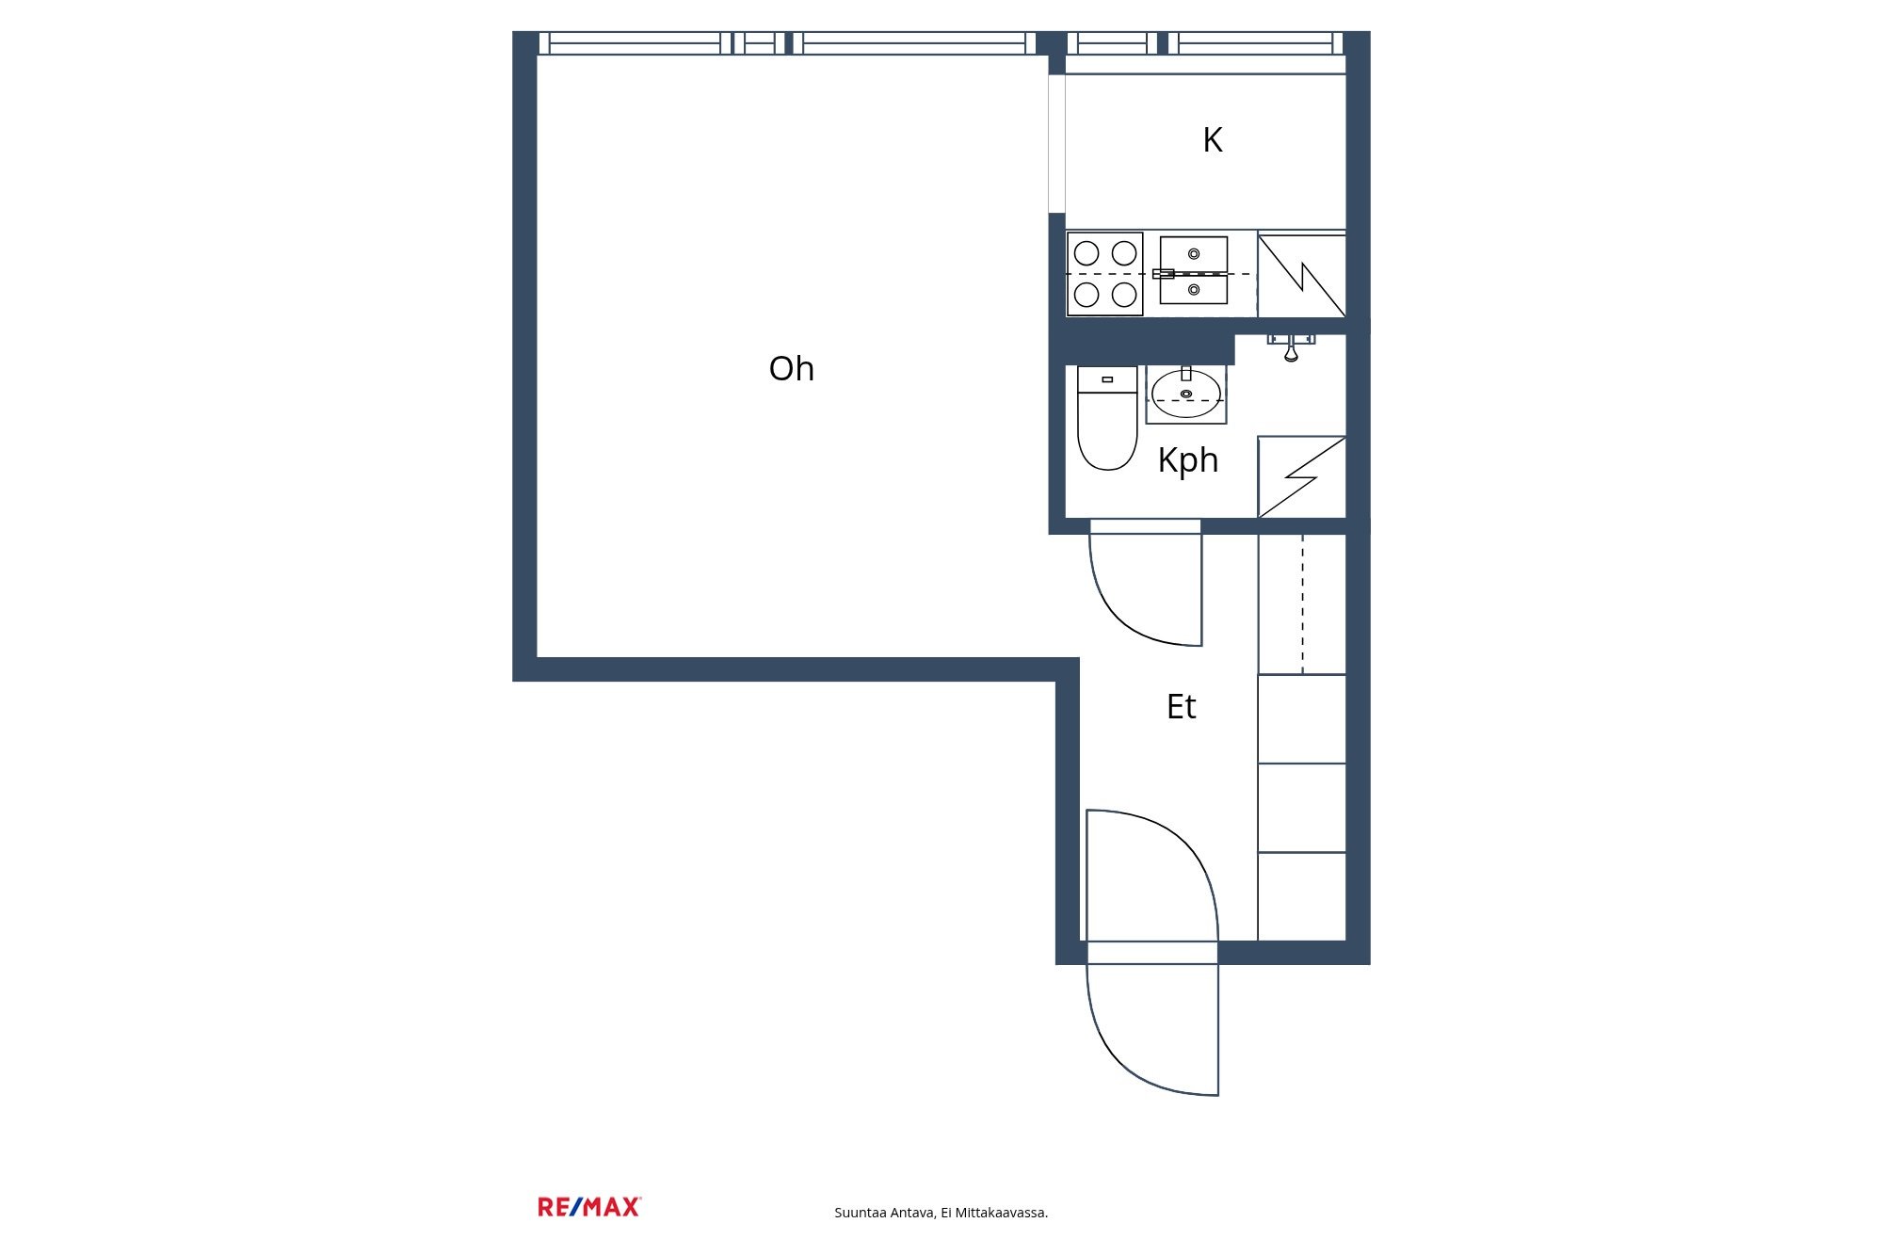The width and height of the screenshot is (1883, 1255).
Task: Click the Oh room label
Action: click(x=791, y=369)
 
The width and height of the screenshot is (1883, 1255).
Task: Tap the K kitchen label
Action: click(x=1213, y=140)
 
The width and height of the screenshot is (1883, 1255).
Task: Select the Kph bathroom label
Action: click(x=1188, y=460)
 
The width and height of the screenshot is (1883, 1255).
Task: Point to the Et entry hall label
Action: click(x=1181, y=706)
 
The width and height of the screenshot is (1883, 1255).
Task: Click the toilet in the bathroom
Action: click(x=1107, y=418)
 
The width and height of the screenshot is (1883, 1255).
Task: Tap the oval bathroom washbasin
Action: click(x=1186, y=394)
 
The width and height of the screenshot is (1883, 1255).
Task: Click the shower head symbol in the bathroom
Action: click(x=1291, y=346)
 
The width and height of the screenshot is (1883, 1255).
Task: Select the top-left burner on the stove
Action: click(x=1086, y=253)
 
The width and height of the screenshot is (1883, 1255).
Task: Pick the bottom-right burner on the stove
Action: click(x=1124, y=295)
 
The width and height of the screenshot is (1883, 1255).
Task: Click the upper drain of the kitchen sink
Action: click(x=1194, y=254)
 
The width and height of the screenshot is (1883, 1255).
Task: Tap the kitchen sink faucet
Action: click(x=1164, y=274)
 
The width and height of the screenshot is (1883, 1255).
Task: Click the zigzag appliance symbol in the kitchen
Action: click(x=1302, y=275)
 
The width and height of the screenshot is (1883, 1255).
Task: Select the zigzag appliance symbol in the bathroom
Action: click(x=1302, y=477)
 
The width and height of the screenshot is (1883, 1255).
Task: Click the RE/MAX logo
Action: click(x=589, y=1207)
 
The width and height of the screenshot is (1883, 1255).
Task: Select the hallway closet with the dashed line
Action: click(x=1302, y=603)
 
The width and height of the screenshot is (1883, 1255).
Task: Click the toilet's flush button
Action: click(x=1107, y=379)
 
